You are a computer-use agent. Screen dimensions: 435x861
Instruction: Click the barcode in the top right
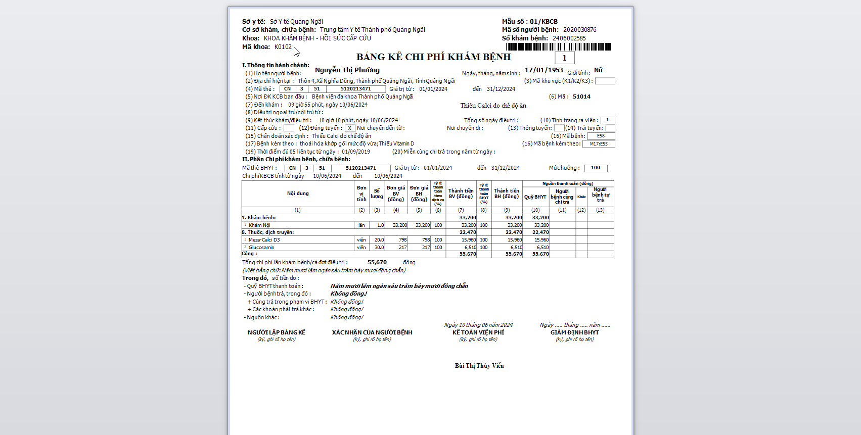[x=558, y=47]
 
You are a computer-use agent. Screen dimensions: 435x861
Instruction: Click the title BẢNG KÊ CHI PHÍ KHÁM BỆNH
[x=433, y=57]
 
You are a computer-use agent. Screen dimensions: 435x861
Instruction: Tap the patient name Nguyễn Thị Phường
[x=347, y=70]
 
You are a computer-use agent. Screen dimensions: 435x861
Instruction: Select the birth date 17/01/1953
[x=543, y=70]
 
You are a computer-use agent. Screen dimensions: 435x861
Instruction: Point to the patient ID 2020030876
[x=579, y=30]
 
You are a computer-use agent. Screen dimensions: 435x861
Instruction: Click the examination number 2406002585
[x=569, y=38]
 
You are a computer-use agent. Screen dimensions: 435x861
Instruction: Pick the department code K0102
[x=283, y=47]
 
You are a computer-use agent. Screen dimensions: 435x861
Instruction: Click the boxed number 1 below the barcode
[x=565, y=58]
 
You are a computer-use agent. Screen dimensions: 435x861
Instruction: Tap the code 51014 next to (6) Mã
[x=581, y=96]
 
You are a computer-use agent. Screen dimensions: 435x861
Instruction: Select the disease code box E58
[x=601, y=136]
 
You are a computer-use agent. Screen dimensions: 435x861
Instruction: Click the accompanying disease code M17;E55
[x=599, y=144]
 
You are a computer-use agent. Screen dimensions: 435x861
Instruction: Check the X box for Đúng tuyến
[x=350, y=128]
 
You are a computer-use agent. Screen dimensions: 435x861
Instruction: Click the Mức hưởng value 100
[x=596, y=168]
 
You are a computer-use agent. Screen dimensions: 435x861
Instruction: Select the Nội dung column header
[x=298, y=194]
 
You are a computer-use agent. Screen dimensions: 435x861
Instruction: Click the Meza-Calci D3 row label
[x=264, y=240]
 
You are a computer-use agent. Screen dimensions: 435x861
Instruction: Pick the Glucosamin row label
[x=261, y=248]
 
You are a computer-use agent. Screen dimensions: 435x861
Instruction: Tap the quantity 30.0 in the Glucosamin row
[x=379, y=248]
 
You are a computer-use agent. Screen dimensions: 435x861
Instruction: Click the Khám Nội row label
[x=259, y=225]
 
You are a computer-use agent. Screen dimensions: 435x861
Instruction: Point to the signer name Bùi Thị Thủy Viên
[x=479, y=366]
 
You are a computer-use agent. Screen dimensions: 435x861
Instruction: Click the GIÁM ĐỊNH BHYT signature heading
[x=574, y=332]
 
